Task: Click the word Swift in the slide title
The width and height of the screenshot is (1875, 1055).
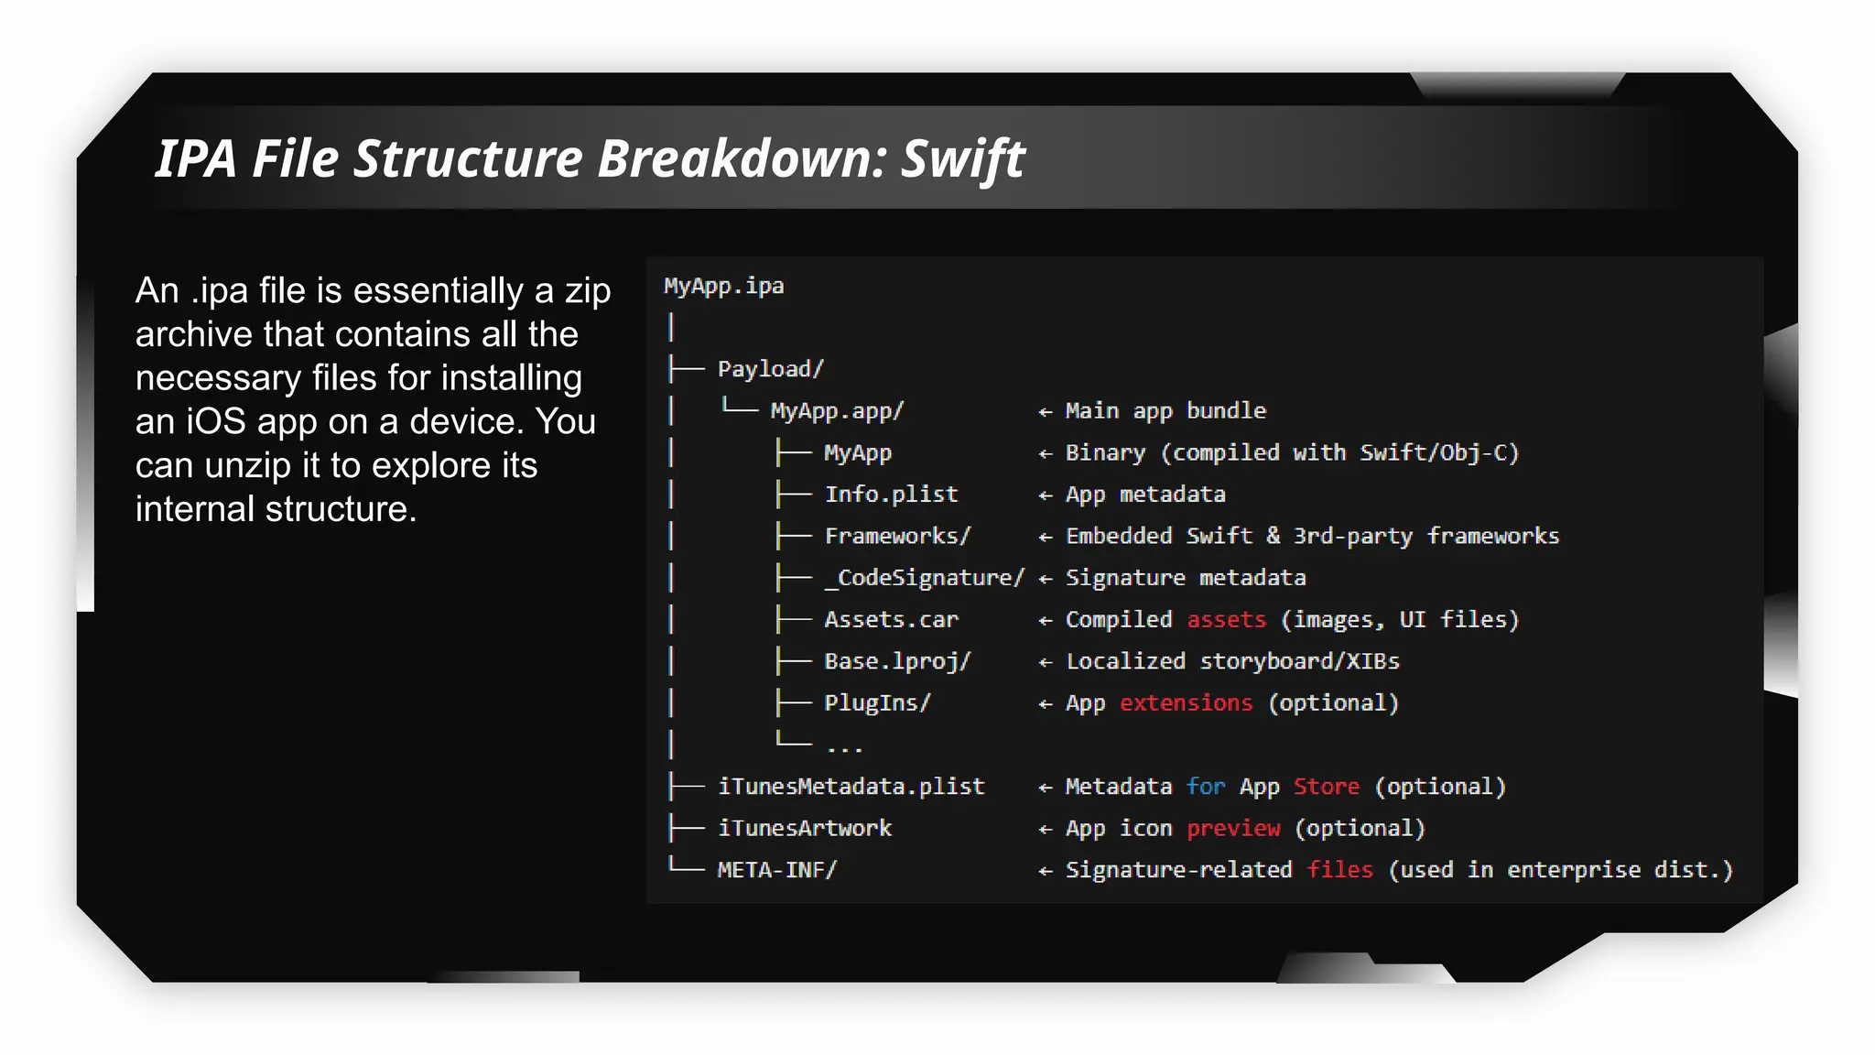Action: [963, 159]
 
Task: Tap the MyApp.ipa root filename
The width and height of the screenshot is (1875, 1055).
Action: [723, 287]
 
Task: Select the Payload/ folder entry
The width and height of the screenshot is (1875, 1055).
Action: [770, 369]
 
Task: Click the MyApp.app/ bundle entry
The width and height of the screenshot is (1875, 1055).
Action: [837, 411]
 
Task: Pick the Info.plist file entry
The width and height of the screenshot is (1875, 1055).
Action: [891, 495]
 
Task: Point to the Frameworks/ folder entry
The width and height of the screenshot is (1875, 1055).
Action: [897, 537]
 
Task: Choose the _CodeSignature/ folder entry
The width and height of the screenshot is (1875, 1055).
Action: [923, 578]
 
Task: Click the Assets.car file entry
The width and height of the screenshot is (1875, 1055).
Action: [891, 620]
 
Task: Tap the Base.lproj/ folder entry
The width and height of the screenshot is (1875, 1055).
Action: [897, 661]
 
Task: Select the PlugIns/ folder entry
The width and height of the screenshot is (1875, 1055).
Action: [877, 703]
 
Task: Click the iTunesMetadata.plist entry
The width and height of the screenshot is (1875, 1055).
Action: [851, 787]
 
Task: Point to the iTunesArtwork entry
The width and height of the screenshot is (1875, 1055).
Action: [804, 829]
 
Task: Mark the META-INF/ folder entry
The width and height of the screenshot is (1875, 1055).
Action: [776, 870]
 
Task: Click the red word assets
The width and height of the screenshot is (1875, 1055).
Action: [1226, 620]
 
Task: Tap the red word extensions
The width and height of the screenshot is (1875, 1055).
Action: [1186, 703]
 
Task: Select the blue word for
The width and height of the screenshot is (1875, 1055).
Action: [1205, 787]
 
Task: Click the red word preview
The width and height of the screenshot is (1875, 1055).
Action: [1233, 829]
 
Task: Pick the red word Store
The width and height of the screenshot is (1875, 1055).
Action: [1326, 787]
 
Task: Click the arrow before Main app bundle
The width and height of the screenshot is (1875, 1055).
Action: [1046, 412]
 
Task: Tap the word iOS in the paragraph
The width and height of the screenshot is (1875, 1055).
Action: [216, 422]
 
